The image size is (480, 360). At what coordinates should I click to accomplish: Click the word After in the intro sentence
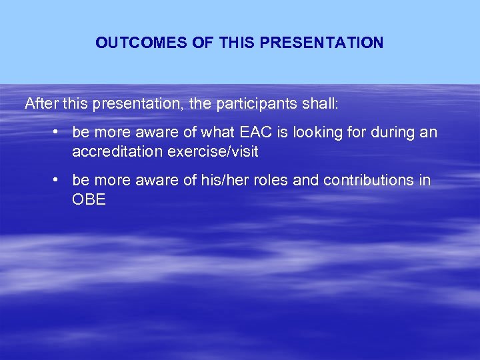click(40, 104)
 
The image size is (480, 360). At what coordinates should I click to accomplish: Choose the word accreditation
click(117, 152)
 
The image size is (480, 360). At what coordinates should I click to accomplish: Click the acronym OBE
click(89, 200)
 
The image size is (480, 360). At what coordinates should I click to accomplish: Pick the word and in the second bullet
click(306, 181)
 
